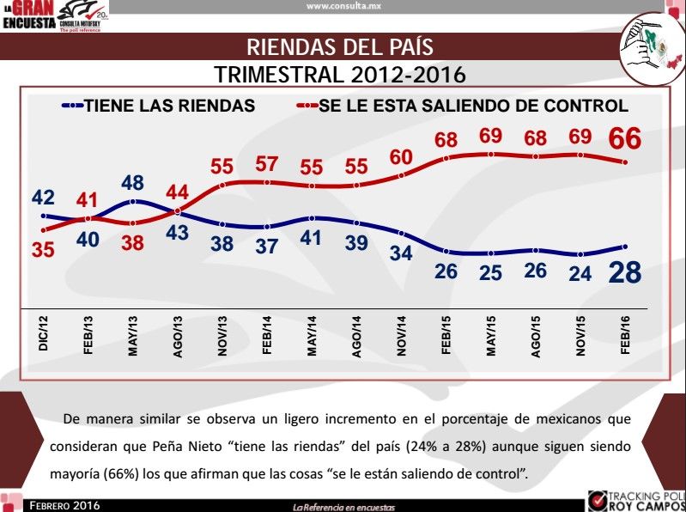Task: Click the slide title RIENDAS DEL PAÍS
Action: (x=340, y=46)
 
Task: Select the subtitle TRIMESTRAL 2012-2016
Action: (x=340, y=74)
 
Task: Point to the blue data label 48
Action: (x=132, y=183)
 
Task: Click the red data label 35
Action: (x=43, y=250)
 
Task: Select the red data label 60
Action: (x=401, y=157)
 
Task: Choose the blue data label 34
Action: (x=401, y=254)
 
